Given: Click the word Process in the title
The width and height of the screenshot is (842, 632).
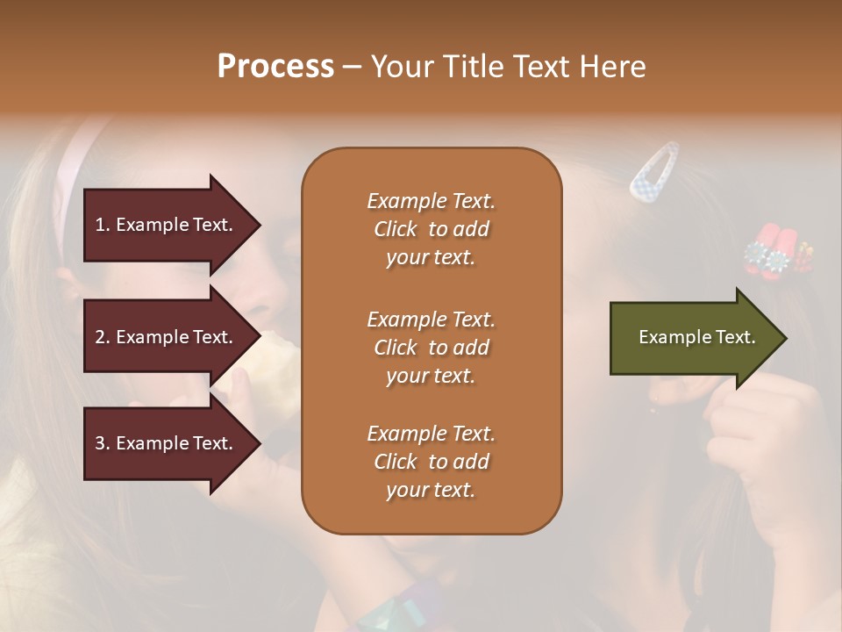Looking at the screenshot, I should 275,67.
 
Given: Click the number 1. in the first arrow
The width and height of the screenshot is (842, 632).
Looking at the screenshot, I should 103,225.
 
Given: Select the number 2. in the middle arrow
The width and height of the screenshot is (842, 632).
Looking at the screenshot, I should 103,337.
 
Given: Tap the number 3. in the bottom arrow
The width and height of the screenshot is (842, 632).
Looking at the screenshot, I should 103,443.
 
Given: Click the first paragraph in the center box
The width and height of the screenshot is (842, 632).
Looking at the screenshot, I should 431,229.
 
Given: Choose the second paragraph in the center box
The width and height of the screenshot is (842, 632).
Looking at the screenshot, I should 431,348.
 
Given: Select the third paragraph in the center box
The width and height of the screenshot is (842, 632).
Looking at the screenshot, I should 431,462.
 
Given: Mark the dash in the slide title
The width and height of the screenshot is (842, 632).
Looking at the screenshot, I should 352,67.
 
